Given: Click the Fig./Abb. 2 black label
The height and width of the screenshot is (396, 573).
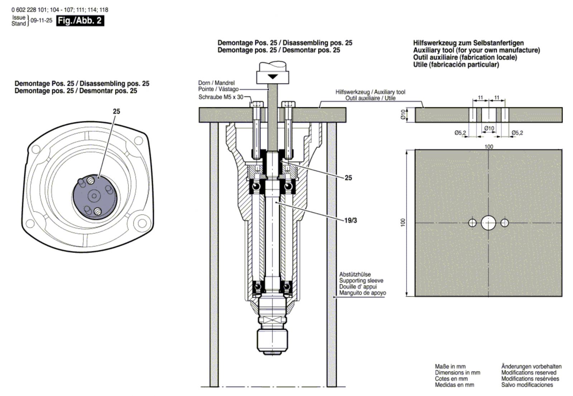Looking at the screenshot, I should (x=80, y=20).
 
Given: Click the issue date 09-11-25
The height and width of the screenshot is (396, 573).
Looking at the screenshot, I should (x=41, y=21).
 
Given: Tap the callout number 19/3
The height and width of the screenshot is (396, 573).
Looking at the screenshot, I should (x=350, y=220).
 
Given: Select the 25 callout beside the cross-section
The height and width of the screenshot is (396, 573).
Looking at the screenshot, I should (x=348, y=178).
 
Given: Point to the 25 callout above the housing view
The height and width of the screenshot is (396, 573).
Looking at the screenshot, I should (x=116, y=111).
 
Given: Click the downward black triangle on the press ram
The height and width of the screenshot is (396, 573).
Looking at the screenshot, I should (x=272, y=77).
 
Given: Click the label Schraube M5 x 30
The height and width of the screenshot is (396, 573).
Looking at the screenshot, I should (x=221, y=97).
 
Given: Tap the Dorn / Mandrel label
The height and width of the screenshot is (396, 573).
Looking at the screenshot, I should (x=216, y=83).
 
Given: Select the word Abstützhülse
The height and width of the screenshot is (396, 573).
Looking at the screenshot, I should (x=355, y=275).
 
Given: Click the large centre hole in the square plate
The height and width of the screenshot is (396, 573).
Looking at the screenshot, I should (x=488, y=223).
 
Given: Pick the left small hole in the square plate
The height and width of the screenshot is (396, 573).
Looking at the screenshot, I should (x=472, y=223).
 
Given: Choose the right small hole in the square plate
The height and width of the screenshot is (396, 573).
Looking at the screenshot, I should (x=505, y=223).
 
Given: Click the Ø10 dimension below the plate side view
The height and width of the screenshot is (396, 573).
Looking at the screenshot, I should (x=489, y=128).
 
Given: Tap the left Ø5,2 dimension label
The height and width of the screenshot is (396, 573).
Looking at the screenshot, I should (x=460, y=133).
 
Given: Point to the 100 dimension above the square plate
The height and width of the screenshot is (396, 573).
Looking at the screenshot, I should (x=488, y=147).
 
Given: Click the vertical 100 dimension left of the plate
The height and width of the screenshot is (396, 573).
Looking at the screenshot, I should (x=403, y=223).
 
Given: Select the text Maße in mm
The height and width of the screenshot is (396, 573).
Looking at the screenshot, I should (x=450, y=366).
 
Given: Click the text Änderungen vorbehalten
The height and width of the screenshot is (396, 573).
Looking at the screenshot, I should (x=531, y=366).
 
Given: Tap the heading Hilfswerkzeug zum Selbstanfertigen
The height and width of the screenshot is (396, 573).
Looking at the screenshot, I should (x=468, y=43).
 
